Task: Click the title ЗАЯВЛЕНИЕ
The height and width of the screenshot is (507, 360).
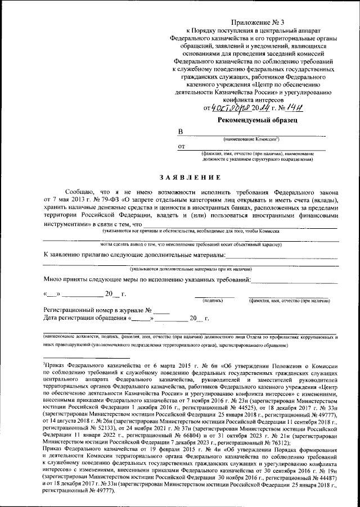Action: point(190,178)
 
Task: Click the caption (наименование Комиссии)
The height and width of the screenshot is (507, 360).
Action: point(251,138)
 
